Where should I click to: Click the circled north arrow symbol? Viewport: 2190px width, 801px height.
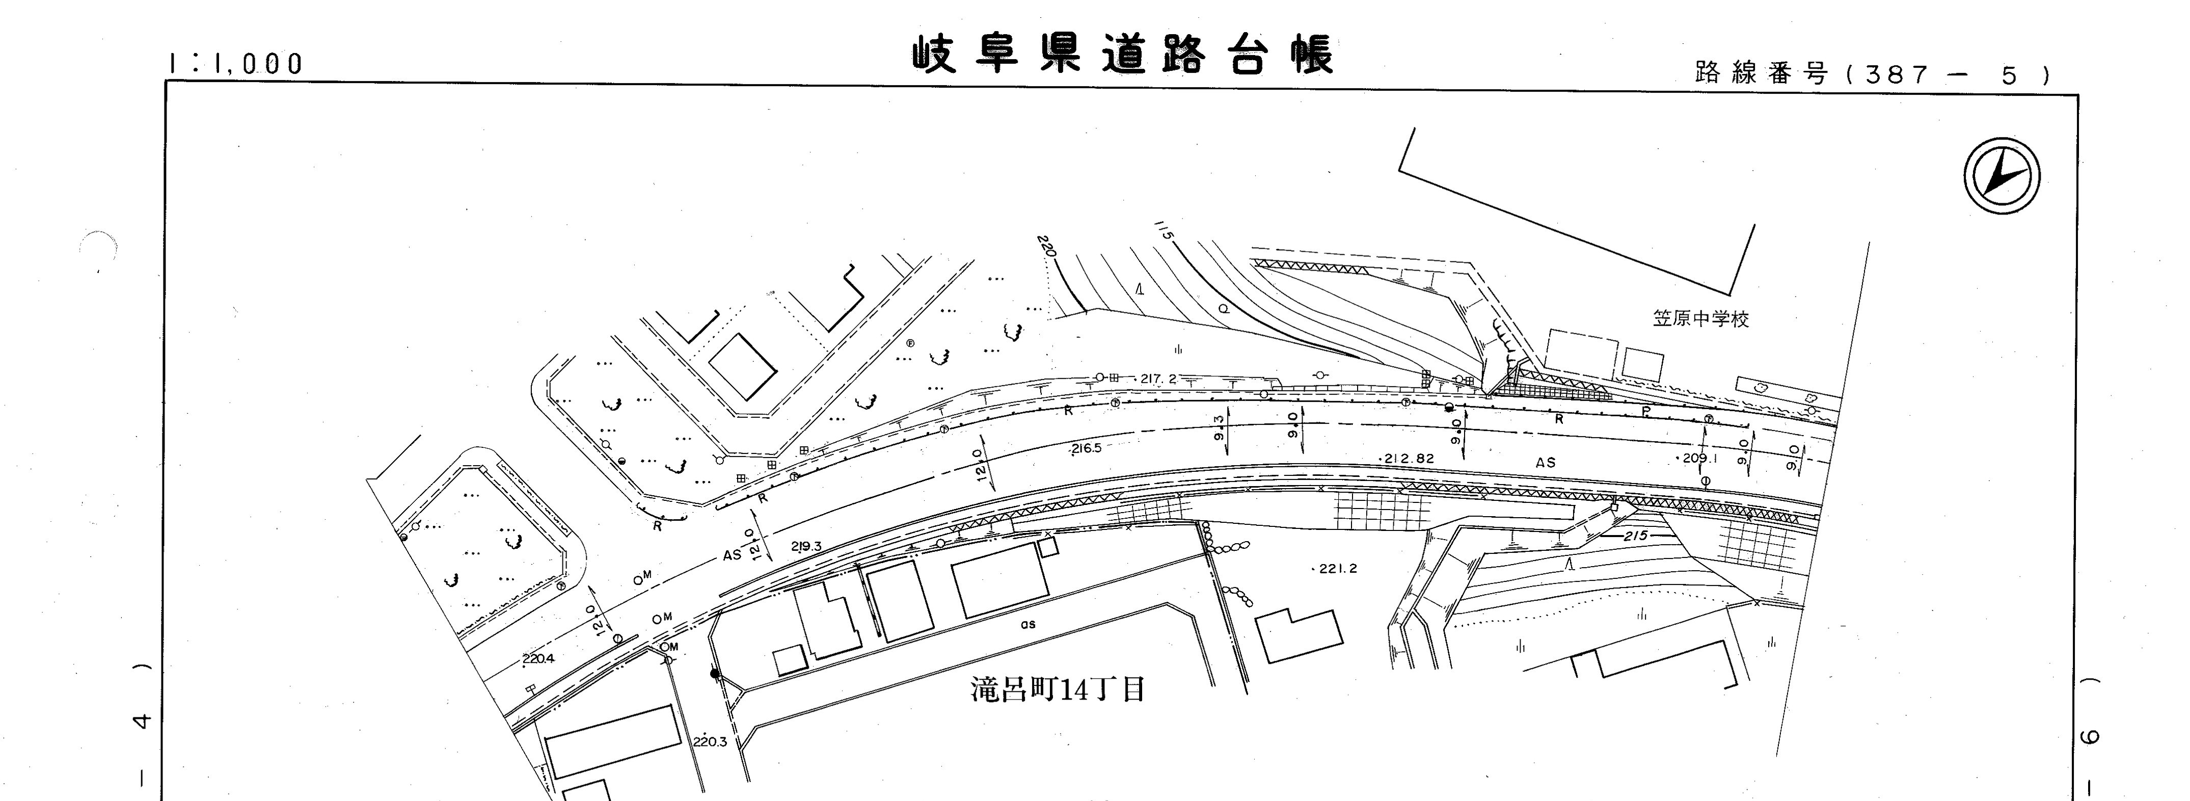click(x=2002, y=176)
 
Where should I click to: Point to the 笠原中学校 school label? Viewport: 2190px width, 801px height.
click(x=1700, y=319)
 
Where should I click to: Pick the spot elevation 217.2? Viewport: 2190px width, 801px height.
click(x=1158, y=379)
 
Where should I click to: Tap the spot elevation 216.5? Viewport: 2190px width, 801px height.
click(x=1087, y=448)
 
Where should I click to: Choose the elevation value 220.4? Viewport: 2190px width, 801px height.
click(x=538, y=658)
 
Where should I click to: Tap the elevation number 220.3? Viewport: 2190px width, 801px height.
click(x=709, y=741)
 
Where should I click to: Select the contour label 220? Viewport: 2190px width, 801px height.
click(x=1046, y=248)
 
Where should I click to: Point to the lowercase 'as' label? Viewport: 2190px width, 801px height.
click(x=1028, y=624)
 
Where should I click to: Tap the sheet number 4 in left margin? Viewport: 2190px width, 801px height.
click(x=142, y=722)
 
